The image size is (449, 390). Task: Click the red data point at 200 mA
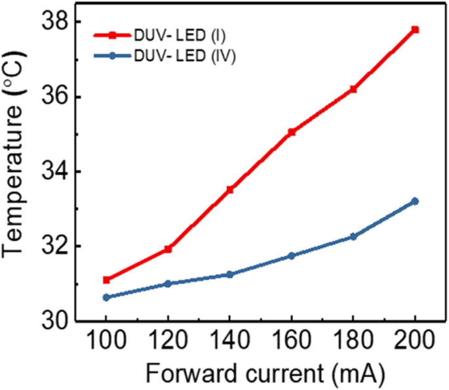click(x=415, y=30)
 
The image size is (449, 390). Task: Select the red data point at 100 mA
click(x=106, y=280)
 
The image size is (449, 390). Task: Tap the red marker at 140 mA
click(x=230, y=190)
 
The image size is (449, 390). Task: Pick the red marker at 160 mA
click(x=292, y=132)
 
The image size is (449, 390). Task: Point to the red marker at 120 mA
click(x=168, y=249)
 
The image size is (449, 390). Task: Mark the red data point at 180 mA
click(x=353, y=89)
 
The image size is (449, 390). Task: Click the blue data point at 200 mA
click(x=415, y=202)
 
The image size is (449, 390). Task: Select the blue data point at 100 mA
click(x=106, y=297)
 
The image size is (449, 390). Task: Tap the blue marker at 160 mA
click(x=292, y=256)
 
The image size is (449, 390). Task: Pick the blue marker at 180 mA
click(x=353, y=236)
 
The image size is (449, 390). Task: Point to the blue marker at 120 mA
click(x=168, y=284)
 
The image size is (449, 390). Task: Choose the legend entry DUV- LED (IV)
click(x=183, y=56)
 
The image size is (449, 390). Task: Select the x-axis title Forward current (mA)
click(x=261, y=374)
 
